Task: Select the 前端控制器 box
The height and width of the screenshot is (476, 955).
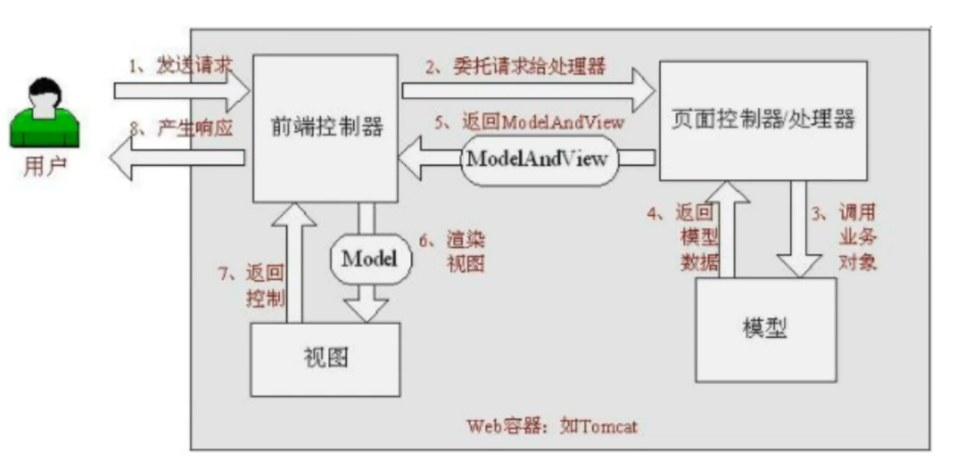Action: click(x=326, y=127)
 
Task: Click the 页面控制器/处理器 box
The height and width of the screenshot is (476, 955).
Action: click(x=763, y=121)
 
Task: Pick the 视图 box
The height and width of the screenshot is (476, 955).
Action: click(x=325, y=359)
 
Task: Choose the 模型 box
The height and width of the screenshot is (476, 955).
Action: click(x=765, y=329)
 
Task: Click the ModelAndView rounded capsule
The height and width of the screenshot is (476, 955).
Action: click(x=538, y=159)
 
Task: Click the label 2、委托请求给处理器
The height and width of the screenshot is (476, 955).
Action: click(x=516, y=67)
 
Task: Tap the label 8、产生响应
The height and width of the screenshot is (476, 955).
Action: click(x=181, y=128)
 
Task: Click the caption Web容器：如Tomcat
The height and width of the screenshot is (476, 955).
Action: click(x=552, y=426)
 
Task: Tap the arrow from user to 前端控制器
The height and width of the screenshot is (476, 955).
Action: click(x=183, y=91)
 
